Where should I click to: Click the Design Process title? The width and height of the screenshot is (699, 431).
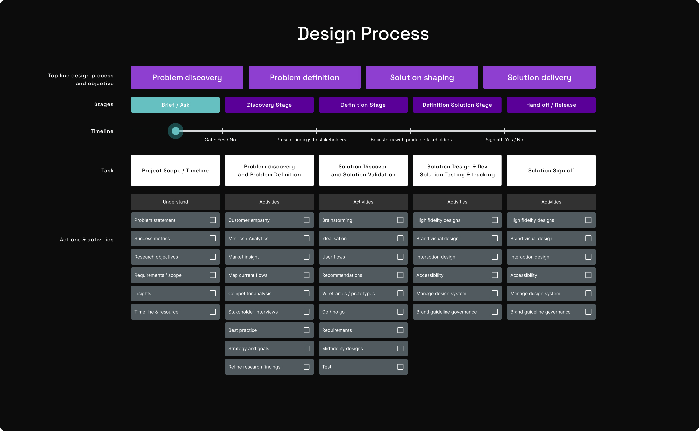(363, 34)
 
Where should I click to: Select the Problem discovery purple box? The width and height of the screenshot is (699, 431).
(187, 77)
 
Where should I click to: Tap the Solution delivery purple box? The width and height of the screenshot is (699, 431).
(539, 77)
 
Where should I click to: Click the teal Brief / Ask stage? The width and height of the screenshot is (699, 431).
(175, 105)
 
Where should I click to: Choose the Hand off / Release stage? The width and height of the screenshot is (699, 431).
(551, 105)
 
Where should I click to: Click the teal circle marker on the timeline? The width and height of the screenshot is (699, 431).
(176, 131)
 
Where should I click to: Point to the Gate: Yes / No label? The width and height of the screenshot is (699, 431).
(220, 140)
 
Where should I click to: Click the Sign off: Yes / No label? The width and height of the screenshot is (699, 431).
(504, 140)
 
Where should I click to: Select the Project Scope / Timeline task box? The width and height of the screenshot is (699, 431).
(175, 170)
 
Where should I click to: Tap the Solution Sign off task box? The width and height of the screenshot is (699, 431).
(551, 170)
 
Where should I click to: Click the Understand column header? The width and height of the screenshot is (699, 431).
(175, 202)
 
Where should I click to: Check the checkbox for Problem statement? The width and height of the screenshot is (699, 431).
(213, 220)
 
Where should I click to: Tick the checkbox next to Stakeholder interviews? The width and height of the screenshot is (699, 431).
(306, 312)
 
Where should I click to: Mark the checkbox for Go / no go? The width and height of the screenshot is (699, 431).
(400, 312)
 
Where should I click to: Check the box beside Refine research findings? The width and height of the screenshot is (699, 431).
(306, 367)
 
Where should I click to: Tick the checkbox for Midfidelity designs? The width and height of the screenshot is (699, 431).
(400, 348)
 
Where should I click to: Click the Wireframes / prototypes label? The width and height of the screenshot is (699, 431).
(348, 294)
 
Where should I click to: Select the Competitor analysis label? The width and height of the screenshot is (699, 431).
(250, 294)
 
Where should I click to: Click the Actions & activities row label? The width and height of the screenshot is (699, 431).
(87, 240)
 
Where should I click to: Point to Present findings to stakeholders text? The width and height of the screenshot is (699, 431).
(311, 140)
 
